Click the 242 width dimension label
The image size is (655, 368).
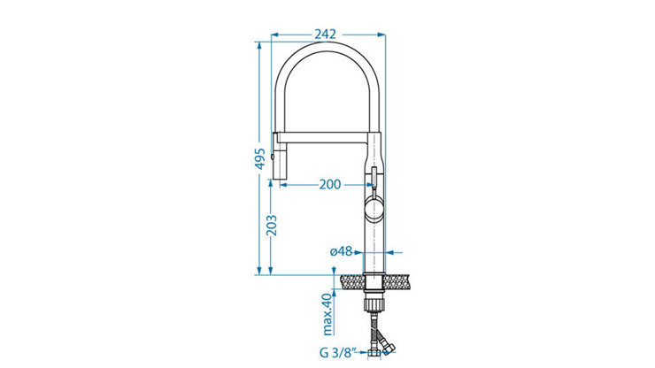[x=325, y=34]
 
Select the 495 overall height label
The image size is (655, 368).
[x=260, y=158]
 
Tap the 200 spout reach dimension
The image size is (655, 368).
[x=330, y=184]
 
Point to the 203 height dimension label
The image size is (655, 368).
[x=272, y=226]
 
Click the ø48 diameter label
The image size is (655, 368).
[x=341, y=251]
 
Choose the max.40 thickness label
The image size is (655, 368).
[x=327, y=314]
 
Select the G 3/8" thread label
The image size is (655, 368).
[x=337, y=353]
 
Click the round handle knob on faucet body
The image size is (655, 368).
[x=374, y=210]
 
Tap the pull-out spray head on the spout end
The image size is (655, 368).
[x=280, y=156]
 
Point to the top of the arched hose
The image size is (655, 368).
[x=327, y=47]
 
